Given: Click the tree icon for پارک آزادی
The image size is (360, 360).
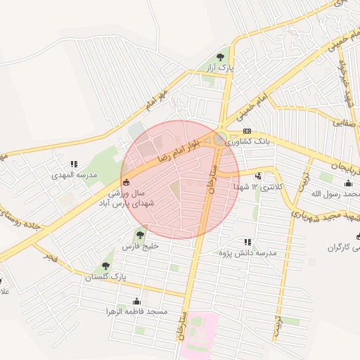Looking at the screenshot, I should click(221, 57).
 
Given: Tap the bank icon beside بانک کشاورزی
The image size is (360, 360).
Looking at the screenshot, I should click(247, 131).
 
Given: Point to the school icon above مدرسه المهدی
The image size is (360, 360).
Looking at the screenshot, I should click(74, 165).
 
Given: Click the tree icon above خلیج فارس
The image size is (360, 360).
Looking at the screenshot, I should click(139, 236).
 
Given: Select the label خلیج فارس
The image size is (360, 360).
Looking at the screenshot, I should click(141, 247).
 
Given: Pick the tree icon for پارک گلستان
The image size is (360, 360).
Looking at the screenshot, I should click(105, 266).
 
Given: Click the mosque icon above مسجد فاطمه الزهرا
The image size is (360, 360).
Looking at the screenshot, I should click(137, 301).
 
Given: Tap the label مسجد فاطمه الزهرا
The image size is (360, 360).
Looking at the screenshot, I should click(136, 311).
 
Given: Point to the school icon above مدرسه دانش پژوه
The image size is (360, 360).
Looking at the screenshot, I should click(246, 241).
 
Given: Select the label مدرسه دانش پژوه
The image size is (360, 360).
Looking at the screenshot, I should click(248, 252).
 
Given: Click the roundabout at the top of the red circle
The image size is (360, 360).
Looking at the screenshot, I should click(221, 137).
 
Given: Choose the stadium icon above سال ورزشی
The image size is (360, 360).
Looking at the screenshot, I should click(126, 182).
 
